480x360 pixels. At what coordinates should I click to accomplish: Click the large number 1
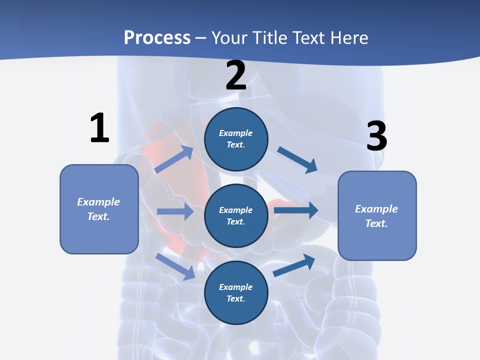pyautogui.click(x=99, y=128)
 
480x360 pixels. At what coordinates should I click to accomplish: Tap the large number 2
pyautogui.click(x=236, y=75)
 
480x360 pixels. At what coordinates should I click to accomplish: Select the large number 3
pyautogui.click(x=376, y=136)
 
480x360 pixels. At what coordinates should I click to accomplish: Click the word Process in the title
pyautogui.click(x=157, y=37)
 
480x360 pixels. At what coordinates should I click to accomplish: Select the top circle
pyautogui.click(x=236, y=139)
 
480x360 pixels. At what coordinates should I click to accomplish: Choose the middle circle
pyautogui.click(x=236, y=215)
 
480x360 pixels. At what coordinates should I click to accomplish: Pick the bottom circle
pyautogui.click(x=236, y=292)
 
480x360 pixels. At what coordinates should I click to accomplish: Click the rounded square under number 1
pyautogui.click(x=99, y=209)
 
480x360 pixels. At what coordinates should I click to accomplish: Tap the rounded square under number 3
pyautogui.click(x=377, y=215)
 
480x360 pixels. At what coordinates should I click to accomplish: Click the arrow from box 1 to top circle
pyautogui.click(x=174, y=159)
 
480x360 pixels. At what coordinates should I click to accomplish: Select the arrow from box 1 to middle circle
pyautogui.click(x=175, y=211)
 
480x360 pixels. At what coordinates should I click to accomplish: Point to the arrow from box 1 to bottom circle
pyautogui.click(x=175, y=266)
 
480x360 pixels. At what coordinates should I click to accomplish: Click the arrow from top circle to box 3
pyautogui.click(x=297, y=159)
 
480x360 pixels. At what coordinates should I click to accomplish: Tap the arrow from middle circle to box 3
pyautogui.click(x=295, y=210)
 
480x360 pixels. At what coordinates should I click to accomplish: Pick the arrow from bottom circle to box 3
pyautogui.click(x=294, y=265)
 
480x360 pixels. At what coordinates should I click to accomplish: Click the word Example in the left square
pyautogui.click(x=98, y=201)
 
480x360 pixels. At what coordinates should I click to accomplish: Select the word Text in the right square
pyautogui.click(x=375, y=223)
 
